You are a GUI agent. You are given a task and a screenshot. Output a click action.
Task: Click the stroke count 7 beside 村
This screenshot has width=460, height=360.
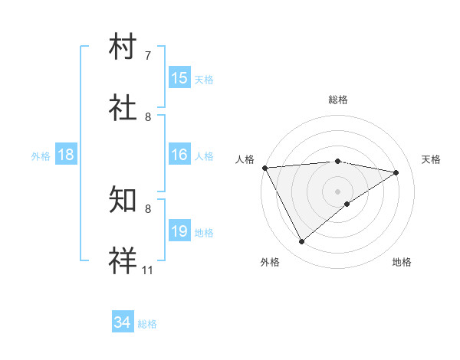click(x=148, y=56)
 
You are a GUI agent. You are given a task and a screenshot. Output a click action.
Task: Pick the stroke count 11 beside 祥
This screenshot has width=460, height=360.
click(x=148, y=270)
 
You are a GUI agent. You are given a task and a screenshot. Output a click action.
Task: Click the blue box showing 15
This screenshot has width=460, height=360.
click(x=179, y=78)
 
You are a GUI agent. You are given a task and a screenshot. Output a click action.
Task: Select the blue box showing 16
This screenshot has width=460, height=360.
click(x=179, y=155)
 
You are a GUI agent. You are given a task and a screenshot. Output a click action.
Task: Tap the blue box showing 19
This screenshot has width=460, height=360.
click(x=179, y=231)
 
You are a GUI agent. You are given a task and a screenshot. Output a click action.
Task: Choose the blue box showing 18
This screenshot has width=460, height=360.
click(x=66, y=155)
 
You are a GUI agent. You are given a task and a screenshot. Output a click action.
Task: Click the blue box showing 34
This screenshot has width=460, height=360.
click(x=123, y=323)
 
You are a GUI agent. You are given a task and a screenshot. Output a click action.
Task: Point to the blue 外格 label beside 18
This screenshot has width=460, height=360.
click(x=41, y=155)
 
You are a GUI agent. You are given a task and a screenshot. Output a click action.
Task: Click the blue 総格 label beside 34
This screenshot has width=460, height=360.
click(x=147, y=324)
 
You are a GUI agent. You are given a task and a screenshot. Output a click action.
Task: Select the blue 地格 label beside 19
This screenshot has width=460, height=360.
click(x=204, y=232)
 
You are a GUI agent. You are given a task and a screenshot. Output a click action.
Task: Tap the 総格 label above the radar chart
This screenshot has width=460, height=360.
click(x=338, y=100)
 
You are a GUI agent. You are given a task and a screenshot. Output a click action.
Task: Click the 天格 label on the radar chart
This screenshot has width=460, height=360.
click(x=432, y=159)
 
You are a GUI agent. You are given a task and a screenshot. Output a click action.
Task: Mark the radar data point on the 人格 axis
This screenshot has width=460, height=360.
click(x=264, y=168)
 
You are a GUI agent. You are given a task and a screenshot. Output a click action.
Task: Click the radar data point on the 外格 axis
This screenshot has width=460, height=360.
click(x=301, y=242)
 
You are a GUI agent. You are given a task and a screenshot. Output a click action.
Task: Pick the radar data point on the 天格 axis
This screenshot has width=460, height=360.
click(x=396, y=172)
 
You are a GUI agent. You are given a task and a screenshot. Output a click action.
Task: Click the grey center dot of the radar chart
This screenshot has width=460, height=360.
click(x=338, y=191)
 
